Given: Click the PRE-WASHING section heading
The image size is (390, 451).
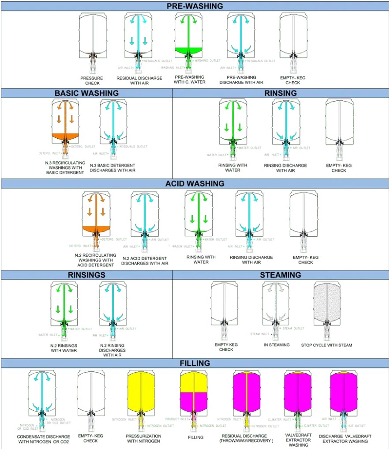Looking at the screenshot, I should tap(195, 6).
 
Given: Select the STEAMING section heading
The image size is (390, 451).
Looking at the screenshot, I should tap(281, 275).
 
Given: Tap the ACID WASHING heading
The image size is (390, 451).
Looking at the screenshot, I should tap(195, 183).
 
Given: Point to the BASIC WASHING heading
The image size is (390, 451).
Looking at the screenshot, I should tap(86, 93).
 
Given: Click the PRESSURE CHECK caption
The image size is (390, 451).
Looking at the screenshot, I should tap(92, 80).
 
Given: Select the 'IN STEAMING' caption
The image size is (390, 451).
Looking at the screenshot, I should tap(277, 345).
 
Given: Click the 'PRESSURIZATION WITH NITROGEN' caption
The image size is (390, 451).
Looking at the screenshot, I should tap(143, 438).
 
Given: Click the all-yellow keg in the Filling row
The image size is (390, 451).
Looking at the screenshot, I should tap(143, 392).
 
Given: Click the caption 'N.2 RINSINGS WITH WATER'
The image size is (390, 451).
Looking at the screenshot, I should tap(64, 348).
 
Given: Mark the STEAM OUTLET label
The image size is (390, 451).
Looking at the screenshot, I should tap(293, 328).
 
